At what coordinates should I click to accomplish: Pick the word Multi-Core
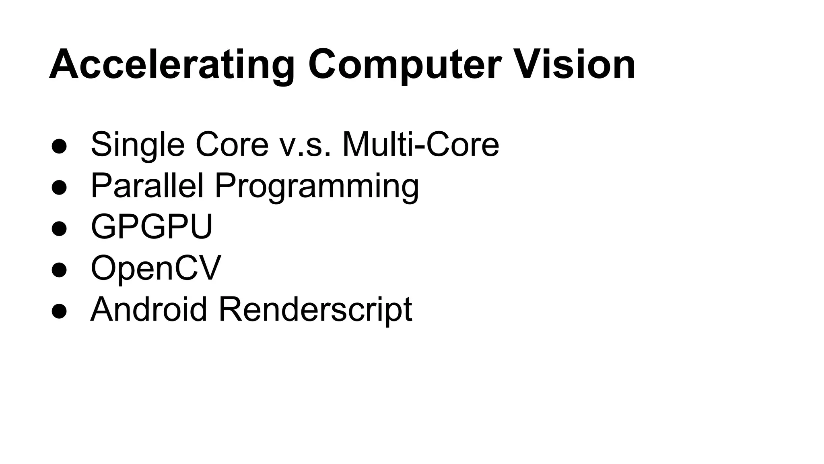click(420, 144)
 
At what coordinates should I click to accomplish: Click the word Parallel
click(147, 186)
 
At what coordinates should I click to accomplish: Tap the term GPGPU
click(152, 227)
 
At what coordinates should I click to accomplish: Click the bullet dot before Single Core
click(59, 147)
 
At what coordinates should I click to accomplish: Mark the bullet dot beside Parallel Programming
click(59, 188)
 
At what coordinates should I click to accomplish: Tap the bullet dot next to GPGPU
click(59, 229)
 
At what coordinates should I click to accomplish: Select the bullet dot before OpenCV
click(59, 270)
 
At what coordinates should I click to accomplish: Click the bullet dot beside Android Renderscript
click(59, 311)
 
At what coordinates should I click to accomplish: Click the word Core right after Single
click(232, 144)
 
